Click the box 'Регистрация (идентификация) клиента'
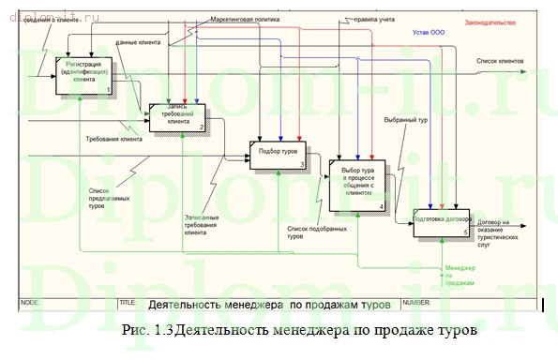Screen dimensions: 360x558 [x=83, y=75]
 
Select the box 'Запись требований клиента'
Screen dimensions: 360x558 [x=177, y=115]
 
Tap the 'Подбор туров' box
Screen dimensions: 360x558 [x=278, y=154]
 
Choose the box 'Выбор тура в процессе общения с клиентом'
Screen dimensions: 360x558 [x=357, y=184]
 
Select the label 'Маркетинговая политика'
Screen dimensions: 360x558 [x=246, y=18]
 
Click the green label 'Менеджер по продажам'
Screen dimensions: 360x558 [x=460, y=274]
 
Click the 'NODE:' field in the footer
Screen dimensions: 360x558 [x=30, y=303]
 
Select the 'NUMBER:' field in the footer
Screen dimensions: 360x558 [x=415, y=303]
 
